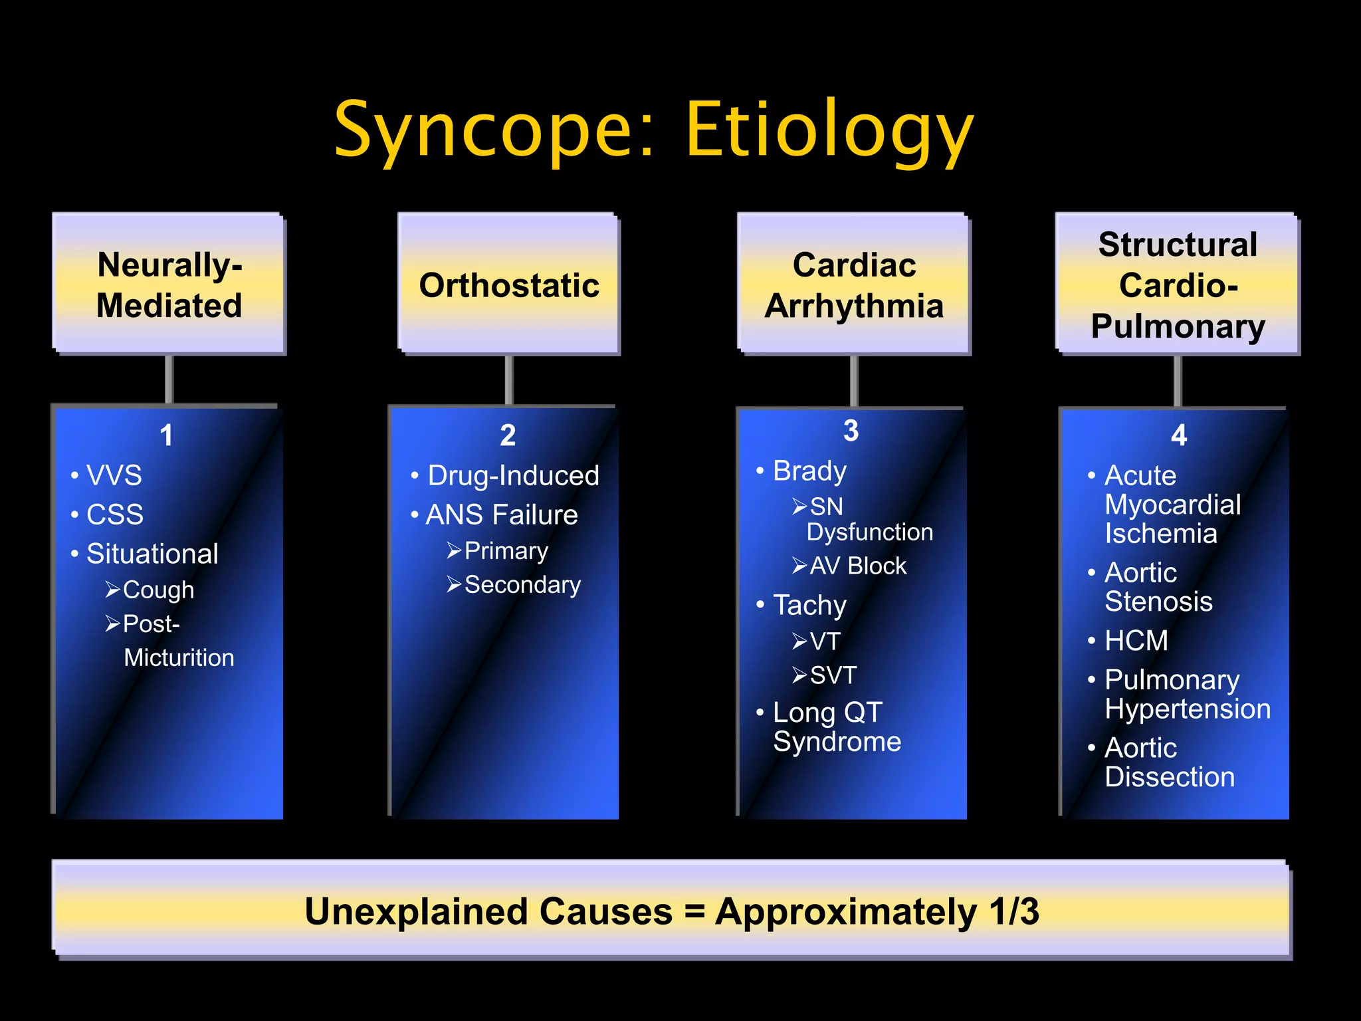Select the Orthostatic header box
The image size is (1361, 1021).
509,284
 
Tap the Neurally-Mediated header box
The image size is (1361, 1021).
169,284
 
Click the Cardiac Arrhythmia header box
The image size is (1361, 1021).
854,284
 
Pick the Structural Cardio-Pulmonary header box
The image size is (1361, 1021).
1178,284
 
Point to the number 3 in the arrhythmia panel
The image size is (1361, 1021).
851,431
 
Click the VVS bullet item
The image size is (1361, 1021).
114,475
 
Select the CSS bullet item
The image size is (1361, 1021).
115,514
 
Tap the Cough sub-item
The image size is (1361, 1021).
158,590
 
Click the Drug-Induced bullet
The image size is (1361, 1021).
513,475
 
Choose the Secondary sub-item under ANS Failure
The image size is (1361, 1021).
522,584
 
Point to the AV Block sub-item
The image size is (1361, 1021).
858,566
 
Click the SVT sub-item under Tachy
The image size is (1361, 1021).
833,675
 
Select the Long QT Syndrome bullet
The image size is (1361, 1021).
836,727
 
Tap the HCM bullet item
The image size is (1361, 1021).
1136,640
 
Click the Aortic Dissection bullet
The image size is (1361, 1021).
1169,762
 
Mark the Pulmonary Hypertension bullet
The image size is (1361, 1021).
1187,694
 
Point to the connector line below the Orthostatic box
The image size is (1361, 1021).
509,380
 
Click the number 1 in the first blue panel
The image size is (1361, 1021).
166,435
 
